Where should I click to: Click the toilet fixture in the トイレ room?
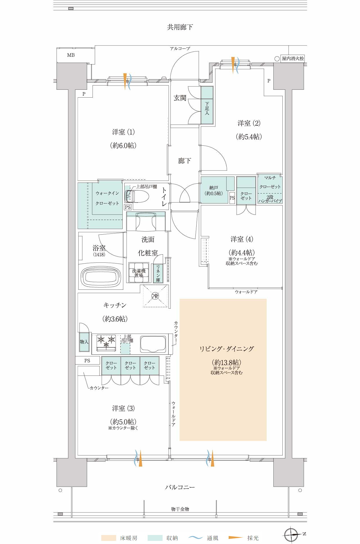[x=137, y=196]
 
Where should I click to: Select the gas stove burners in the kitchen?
[x=106, y=343]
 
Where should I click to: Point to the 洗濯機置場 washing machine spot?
[x=139, y=273]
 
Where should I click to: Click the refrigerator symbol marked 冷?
[x=155, y=296]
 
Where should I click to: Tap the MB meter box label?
[x=71, y=55]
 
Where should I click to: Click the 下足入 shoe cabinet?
[x=207, y=105]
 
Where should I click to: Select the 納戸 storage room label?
[x=214, y=190]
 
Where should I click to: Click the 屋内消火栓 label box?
[x=293, y=59]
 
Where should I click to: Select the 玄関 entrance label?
[x=180, y=98]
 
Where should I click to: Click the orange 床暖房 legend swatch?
[x=109, y=538]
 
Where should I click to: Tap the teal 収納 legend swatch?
[x=155, y=538]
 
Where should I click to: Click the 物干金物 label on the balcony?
[x=180, y=509]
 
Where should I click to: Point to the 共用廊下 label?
[x=180, y=27]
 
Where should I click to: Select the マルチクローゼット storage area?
[x=270, y=189]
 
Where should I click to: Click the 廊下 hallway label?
[x=184, y=161]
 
